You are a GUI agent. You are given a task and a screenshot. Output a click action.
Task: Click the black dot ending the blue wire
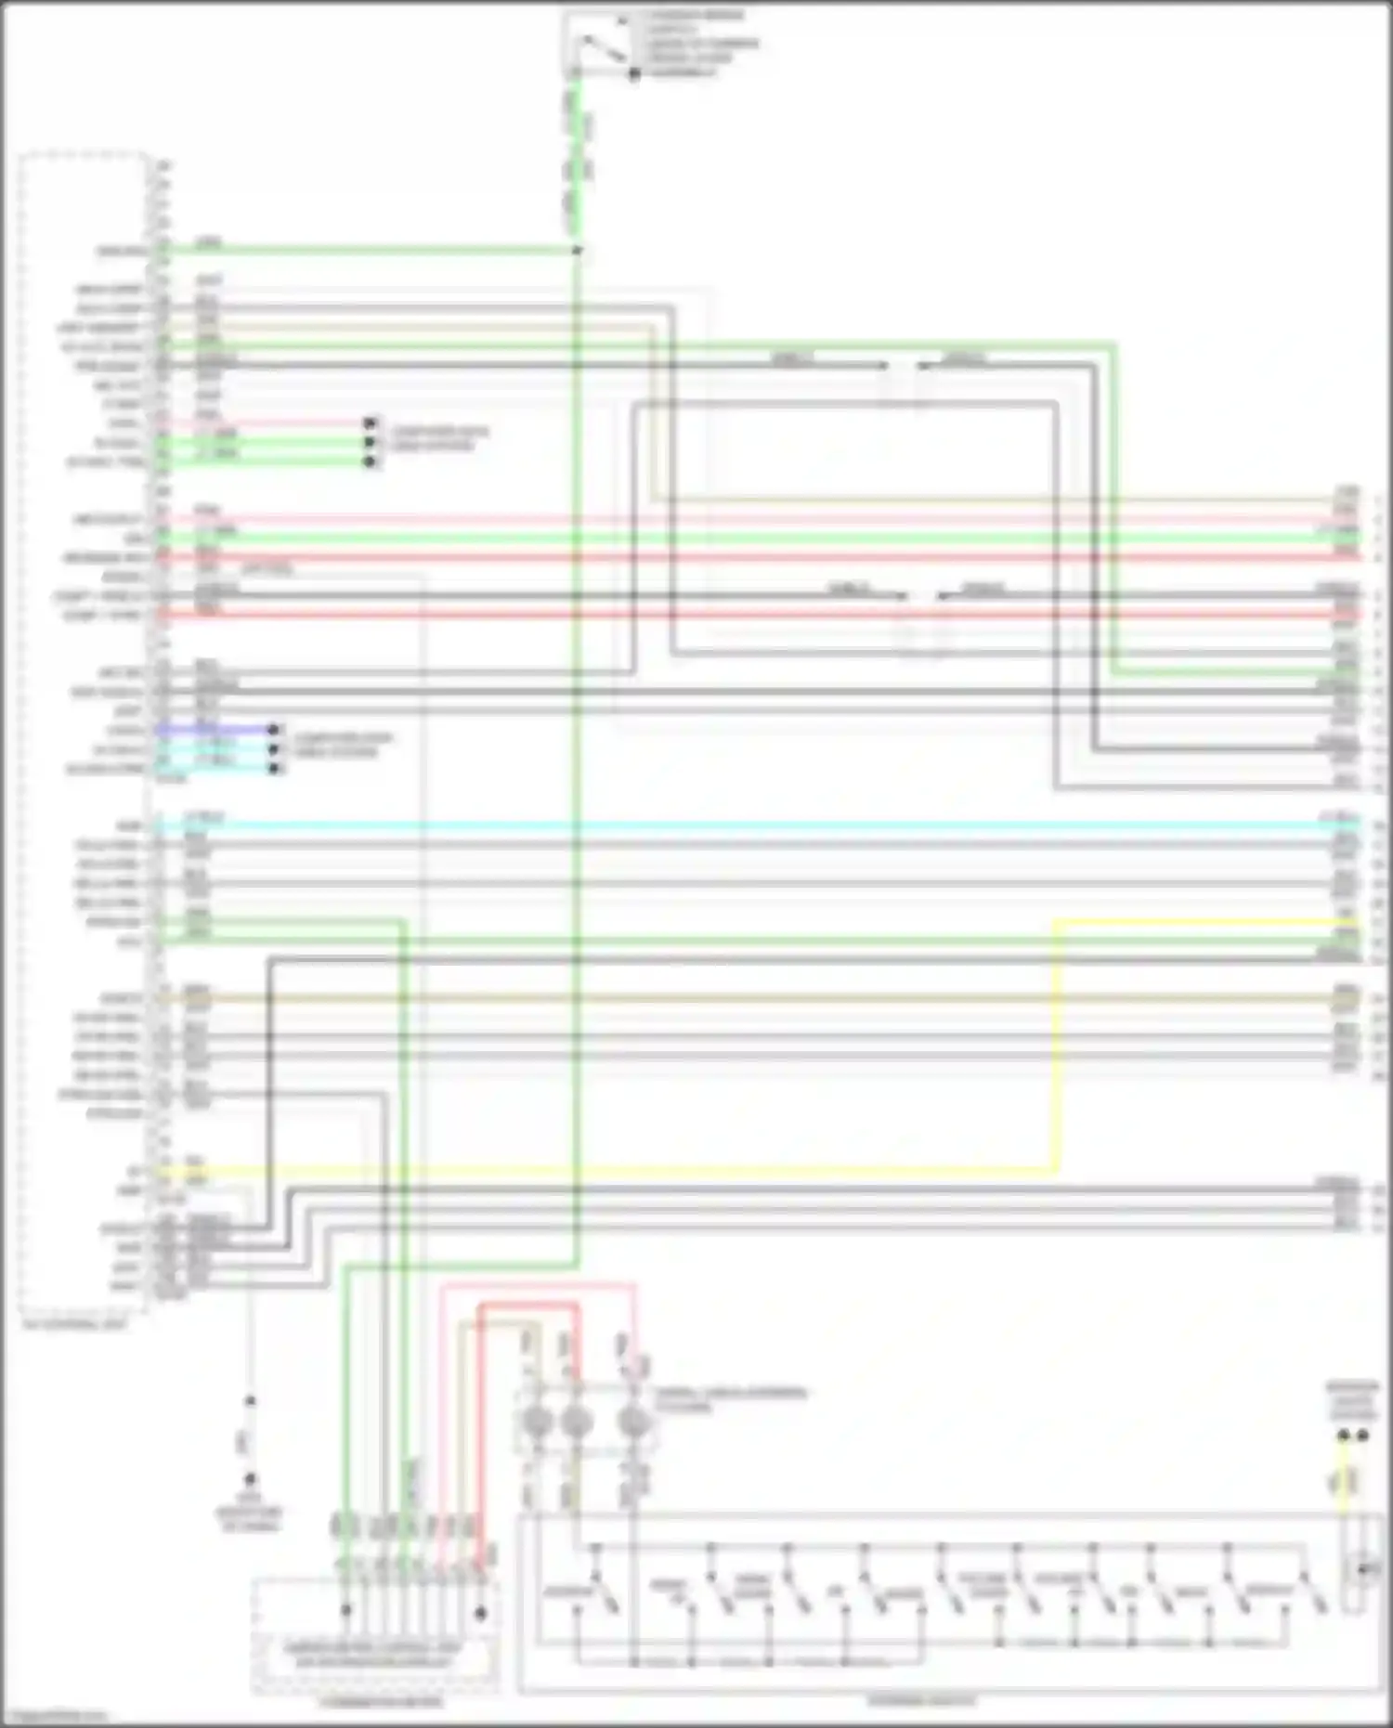tap(274, 730)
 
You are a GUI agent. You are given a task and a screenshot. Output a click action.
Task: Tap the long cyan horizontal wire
tap(743, 825)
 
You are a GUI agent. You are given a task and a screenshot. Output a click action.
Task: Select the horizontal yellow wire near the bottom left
tap(604, 1172)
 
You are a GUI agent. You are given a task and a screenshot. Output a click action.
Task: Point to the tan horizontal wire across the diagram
tap(743, 999)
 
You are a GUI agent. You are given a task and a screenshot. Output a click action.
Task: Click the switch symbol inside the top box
tap(599, 48)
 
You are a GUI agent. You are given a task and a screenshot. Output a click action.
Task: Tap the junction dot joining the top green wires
tap(577, 251)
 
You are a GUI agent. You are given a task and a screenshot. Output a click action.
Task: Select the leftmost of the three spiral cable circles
tap(538, 1422)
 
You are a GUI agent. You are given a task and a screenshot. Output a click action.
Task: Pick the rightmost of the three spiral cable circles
tap(633, 1422)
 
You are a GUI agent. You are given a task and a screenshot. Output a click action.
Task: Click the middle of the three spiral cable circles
tap(577, 1422)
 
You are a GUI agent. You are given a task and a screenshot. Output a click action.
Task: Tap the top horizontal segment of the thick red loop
tap(529, 1305)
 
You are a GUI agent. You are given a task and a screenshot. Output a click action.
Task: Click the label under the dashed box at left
tap(74, 1325)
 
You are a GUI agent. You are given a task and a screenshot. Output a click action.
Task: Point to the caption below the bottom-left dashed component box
tap(381, 1702)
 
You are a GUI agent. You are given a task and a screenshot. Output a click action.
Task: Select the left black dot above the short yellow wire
tap(1343, 1436)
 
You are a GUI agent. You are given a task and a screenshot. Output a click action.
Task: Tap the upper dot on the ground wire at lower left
tap(249, 1401)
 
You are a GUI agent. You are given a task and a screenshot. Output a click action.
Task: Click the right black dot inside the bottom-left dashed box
tap(480, 1613)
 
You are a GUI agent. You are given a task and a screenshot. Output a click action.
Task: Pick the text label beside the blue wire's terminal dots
tap(344, 744)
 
